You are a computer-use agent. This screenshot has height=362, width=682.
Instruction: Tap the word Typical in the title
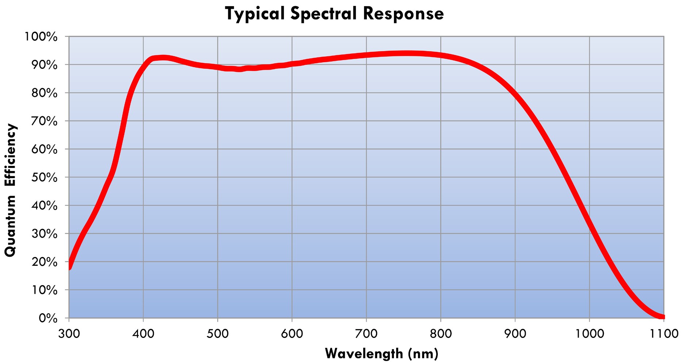(254, 14)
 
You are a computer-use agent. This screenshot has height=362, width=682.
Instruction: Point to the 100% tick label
(41, 37)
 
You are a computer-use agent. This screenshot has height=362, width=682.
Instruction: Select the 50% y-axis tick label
(44, 177)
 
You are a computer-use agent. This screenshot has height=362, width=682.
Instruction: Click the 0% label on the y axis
(48, 318)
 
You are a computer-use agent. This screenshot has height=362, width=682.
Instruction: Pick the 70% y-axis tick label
(44, 121)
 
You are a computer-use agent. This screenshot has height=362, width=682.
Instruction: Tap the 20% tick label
(44, 262)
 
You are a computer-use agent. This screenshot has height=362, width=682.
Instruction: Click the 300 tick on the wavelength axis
(69, 333)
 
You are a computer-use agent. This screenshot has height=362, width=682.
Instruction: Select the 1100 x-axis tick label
(663, 333)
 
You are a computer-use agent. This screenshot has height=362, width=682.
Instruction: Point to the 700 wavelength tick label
(366, 333)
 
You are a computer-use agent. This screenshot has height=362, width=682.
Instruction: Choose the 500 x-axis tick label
(218, 333)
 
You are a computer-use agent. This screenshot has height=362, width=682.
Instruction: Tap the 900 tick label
(515, 333)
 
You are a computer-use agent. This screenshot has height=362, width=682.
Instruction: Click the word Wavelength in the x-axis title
(364, 353)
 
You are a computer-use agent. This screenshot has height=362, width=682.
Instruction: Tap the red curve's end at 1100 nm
(662, 317)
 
